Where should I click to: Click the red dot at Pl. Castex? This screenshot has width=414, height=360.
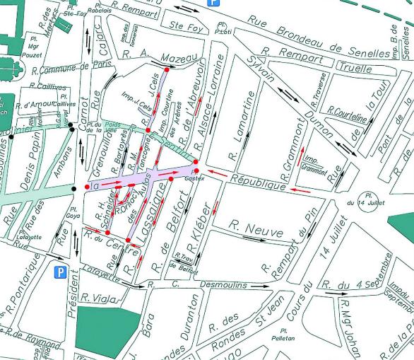[196, 168]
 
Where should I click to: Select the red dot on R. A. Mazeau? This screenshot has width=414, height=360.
[166, 70]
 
